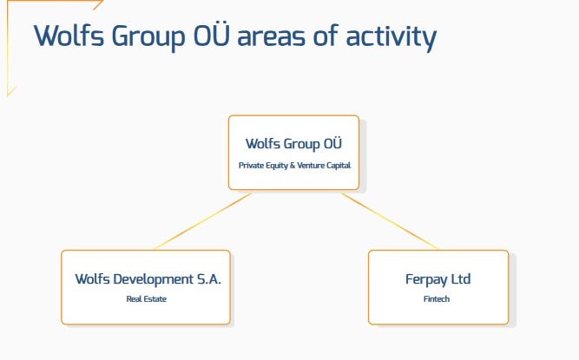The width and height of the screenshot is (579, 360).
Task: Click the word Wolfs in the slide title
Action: tap(69, 36)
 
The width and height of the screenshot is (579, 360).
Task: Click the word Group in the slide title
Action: tap(148, 38)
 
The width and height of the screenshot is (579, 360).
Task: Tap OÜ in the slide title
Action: tap(211, 35)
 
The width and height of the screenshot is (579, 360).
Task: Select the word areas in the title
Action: tap(272, 37)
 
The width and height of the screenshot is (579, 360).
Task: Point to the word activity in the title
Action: tap(391, 37)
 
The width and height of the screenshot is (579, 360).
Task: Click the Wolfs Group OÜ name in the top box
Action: tap(293, 143)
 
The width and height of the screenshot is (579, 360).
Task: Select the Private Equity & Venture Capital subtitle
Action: tap(294, 165)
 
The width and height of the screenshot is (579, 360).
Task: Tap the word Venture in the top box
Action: tap(311, 165)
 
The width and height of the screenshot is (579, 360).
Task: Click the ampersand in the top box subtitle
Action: tap(293, 165)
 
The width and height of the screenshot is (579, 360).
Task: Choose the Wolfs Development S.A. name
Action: tap(148, 279)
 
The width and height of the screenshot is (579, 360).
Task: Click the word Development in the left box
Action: tap(154, 279)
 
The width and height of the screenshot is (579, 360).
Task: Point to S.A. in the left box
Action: tap(208, 278)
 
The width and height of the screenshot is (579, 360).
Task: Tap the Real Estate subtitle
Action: tap(146, 298)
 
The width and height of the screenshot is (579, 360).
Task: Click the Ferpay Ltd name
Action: tap(438, 279)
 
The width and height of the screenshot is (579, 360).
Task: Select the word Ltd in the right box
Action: tap(461, 278)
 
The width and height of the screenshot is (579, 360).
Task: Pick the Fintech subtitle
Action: tap(437, 298)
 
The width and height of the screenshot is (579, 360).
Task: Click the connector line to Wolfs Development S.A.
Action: tap(203, 220)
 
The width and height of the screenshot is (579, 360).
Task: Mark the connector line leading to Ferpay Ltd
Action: tap(391, 220)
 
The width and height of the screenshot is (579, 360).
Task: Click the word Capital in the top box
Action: tap(339, 165)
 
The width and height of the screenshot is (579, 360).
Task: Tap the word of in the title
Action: tap(326, 36)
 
